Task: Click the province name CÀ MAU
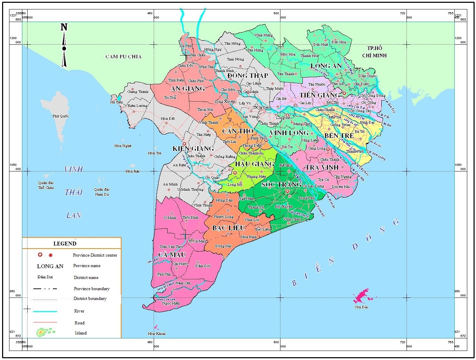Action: (x=172, y=255)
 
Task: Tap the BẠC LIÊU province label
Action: (x=229, y=228)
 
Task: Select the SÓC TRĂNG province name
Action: (x=281, y=184)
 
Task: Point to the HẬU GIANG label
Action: (x=254, y=164)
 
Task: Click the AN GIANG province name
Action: (x=188, y=88)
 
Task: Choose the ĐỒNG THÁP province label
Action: (x=248, y=75)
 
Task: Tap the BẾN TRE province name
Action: (x=339, y=135)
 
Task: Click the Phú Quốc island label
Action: (x=61, y=116)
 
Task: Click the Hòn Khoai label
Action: (x=156, y=333)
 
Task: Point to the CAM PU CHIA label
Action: (x=123, y=57)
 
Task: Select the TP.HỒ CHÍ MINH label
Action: (x=374, y=52)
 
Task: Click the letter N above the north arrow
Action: (x=64, y=27)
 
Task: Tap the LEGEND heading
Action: (x=65, y=243)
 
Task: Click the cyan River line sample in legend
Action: (x=45, y=311)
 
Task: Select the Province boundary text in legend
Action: (x=91, y=289)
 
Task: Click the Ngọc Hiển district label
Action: (x=171, y=303)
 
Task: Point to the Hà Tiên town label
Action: (x=117, y=102)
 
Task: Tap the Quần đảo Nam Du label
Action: (x=102, y=192)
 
